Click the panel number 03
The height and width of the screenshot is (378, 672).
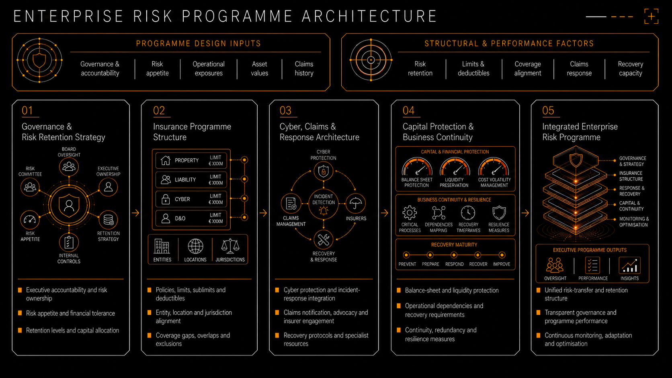pos(285,110)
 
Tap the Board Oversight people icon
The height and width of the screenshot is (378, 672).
pos(69,166)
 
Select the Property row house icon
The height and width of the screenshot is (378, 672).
pos(165,160)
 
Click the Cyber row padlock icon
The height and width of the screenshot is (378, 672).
pos(165,199)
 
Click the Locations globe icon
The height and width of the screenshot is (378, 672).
pos(195,246)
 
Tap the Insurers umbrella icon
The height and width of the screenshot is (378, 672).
pos(356,203)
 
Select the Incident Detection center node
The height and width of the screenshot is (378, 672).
pos(324,204)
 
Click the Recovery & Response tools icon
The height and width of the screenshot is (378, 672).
pos(324,239)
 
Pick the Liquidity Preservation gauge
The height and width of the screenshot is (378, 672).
pos(455,167)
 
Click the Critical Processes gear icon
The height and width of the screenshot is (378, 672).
pos(410,213)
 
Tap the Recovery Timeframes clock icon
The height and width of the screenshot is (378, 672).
pos(468,213)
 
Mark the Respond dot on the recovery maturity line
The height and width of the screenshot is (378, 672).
pos(454,255)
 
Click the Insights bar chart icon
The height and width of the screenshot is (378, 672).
pos(629,265)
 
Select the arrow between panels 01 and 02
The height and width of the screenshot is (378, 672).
pos(135,213)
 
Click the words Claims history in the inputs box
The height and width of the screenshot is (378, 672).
pos(304,69)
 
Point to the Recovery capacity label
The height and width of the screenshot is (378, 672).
pos(630,69)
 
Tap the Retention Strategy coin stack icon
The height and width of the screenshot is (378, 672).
pos(108,220)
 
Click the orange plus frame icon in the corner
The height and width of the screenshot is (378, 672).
pos(651,16)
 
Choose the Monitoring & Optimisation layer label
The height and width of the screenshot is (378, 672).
pos(634,222)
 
